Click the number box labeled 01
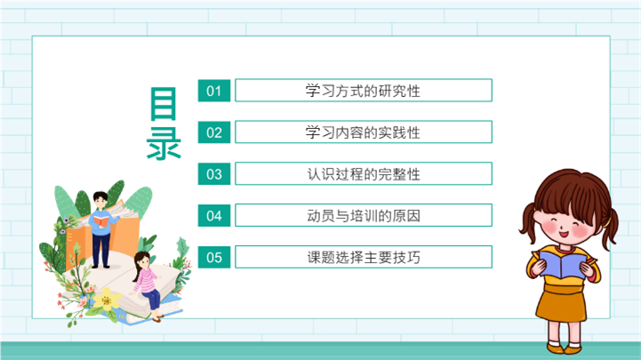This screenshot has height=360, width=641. (x=214, y=91)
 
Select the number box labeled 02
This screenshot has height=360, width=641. (x=214, y=132)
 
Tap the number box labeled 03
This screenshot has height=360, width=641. (x=214, y=173)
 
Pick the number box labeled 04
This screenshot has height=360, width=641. (x=214, y=215)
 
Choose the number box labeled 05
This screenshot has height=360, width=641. (x=214, y=257)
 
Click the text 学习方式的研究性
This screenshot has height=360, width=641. (x=363, y=91)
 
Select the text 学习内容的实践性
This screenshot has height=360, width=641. (x=363, y=132)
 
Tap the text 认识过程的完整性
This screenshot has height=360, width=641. (x=363, y=174)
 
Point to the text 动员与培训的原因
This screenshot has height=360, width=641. (x=363, y=216)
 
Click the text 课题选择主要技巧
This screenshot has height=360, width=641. (x=363, y=258)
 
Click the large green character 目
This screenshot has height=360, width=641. (x=164, y=104)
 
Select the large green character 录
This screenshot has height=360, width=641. (x=164, y=142)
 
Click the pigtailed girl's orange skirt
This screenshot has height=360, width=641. (x=562, y=302)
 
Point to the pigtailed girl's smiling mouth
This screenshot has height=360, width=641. (x=564, y=234)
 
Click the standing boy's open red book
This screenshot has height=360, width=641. (x=101, y=220)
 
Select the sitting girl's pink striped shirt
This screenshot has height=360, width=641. (x=145, y=280)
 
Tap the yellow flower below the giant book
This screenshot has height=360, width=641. (x=107, y=300)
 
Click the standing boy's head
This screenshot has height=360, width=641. (x=100, y=200)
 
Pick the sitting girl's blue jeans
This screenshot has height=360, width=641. (x=152, y=300)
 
